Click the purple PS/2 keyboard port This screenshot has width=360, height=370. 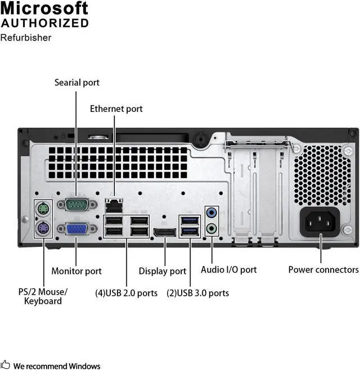[43, 228]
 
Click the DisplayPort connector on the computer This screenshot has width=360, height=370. [164, 232]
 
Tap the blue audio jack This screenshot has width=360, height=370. [211, 213]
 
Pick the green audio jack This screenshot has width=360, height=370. [211, 228]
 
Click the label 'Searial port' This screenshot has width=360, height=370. [76, 83]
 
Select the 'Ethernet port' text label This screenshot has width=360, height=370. [116, 109]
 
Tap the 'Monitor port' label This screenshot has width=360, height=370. [76, 271]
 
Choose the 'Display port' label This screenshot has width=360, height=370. [163, 271]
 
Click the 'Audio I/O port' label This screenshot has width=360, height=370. [229, 270]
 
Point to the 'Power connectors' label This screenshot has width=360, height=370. [323, 270]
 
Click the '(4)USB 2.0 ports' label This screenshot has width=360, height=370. [126, 293]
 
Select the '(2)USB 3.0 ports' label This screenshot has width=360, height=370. [198, 293]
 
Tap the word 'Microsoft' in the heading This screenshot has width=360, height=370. [44, 8]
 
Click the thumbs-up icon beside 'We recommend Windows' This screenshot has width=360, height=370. [6, 366]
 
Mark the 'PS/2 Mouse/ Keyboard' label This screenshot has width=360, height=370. [43, 296]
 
